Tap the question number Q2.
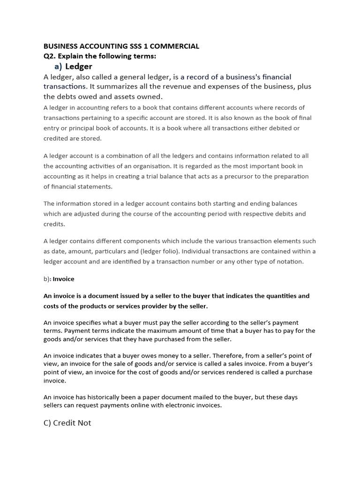click(50, 56)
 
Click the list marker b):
click(47, 279)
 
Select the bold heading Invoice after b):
click(63, 279)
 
